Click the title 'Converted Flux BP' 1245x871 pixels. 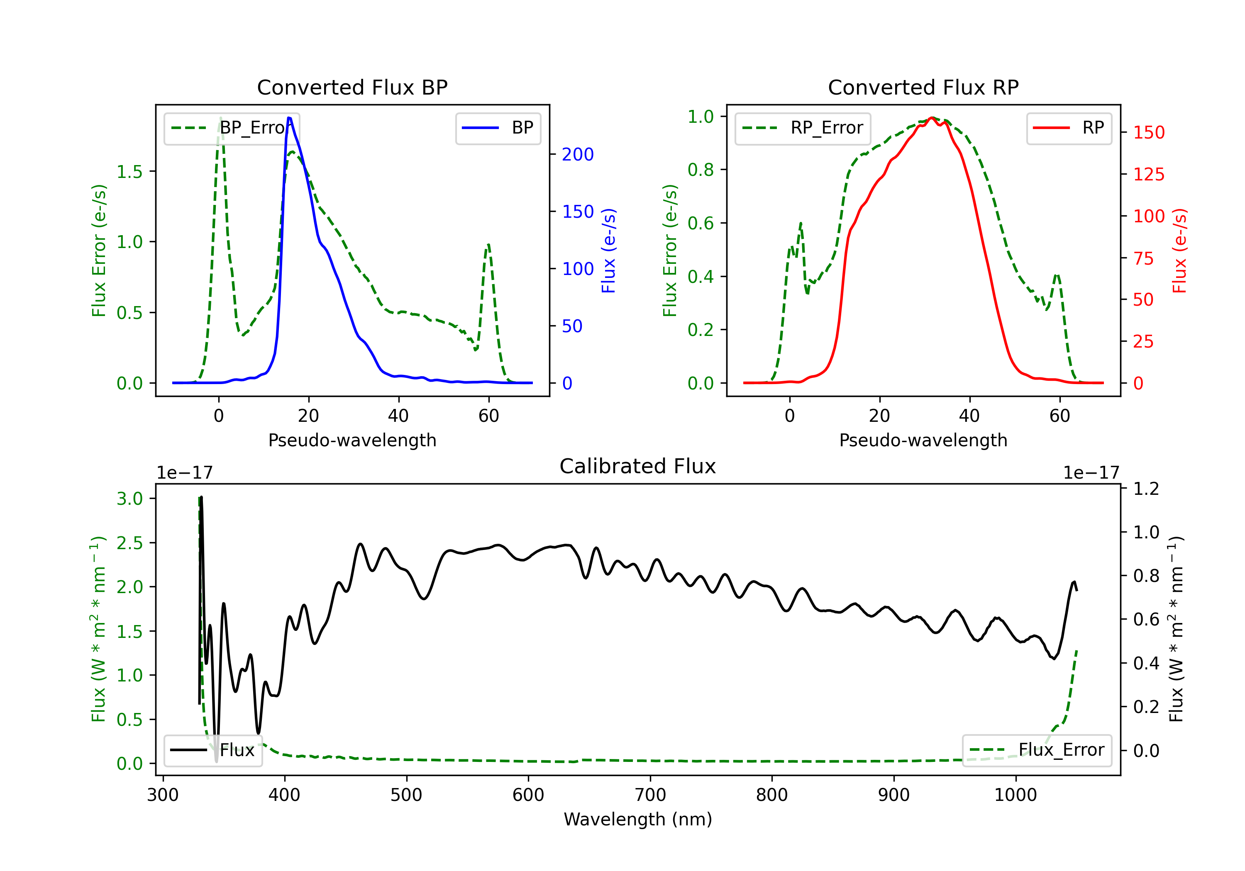coord(352,87)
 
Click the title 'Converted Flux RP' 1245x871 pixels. coord(923,87)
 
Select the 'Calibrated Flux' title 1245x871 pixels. coord(638,466)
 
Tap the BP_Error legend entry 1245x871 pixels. coord(232,128)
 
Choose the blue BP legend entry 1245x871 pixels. coord(498,128)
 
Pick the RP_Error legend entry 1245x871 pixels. coord(803,128)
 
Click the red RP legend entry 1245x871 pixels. coord(1069,128)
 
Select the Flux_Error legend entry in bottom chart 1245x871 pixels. coord(1037,750)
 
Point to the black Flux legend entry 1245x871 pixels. coord(212,750)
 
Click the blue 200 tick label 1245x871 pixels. coord(578,154)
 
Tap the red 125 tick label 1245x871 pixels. coord(1148,175)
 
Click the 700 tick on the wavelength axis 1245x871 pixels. coord(650,795)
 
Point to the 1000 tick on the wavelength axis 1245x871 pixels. coord(1016,795)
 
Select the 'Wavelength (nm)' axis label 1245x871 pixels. coord(638,819)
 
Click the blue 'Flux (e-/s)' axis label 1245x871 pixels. coord(608,251)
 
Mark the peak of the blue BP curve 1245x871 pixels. coord(289,118)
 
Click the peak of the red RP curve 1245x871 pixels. coord(932,118)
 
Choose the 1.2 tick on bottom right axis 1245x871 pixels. coord(1146,489)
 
